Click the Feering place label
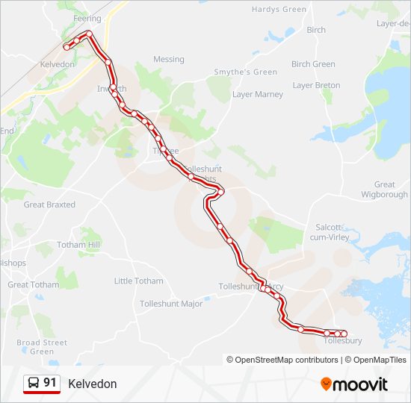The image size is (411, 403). (x=87, y=18)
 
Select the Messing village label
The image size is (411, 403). (x=168, y=60)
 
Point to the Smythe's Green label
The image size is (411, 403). (x=235, y=72)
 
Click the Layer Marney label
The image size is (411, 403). (x=258, y=95)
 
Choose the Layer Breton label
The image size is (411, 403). (x=316, y=86)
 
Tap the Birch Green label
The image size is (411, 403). (x=313, y=64)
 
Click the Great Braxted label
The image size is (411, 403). (x=49, y=204)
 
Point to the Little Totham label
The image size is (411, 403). (x=138, y=281)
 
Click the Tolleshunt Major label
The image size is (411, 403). (x=171, y=304)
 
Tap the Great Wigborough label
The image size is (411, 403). (x=384, y=190)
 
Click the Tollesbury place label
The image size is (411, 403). (x=343, y=341)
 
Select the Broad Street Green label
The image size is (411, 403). (x=42, y=347)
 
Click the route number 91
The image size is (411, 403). (x=50, y=382)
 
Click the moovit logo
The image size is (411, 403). (x=354, y=384)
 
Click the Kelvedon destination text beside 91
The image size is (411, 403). (x=92, y=384)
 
